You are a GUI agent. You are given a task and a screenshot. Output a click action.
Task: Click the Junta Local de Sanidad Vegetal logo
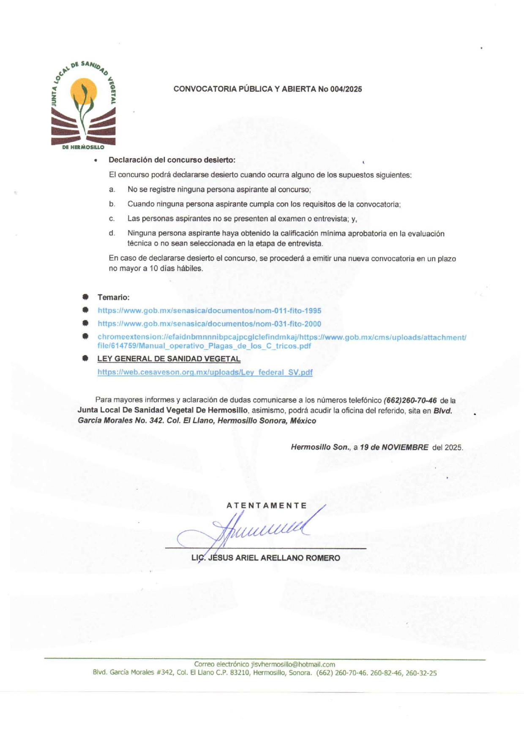(83, 106)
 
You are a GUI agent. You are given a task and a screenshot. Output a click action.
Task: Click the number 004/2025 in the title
(346, 89)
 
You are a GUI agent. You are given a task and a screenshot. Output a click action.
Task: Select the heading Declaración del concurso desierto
(172, 160)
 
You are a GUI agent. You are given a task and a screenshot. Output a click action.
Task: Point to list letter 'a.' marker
(112, 190)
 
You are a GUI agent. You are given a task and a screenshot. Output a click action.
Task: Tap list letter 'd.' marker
(112, 233)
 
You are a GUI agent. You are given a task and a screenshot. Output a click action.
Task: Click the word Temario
(113, 297)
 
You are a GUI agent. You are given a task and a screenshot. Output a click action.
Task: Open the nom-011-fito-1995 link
(209, 311)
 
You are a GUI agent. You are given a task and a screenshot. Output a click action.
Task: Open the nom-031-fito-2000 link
(209, 324)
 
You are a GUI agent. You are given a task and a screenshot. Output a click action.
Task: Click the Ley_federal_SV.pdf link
(205, 372)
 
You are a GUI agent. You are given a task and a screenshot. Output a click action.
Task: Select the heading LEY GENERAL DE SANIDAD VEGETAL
(169, 359)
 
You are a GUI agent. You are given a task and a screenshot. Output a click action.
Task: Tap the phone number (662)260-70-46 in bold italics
(410, 400)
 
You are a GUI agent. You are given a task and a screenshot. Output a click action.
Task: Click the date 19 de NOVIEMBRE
(394, 447)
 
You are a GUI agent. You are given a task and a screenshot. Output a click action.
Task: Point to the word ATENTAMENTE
(267, 505)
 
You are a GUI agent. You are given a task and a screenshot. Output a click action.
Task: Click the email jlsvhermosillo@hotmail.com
(293, 664)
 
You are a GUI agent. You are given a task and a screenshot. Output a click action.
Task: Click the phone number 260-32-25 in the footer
(421, 673)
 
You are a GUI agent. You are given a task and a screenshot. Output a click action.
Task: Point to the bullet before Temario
(85, 297)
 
